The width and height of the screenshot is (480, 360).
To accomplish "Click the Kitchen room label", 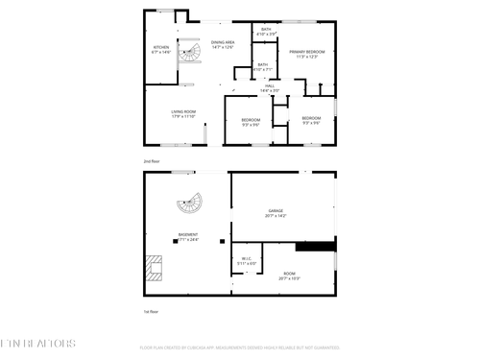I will click(160, 48).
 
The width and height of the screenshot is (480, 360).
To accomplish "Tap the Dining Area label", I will click(224, 43).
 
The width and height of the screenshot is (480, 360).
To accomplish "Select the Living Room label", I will click(184, 112).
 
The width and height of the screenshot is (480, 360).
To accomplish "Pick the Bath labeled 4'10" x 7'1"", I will click(262, 66).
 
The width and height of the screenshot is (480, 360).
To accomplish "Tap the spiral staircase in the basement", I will click(189, 204).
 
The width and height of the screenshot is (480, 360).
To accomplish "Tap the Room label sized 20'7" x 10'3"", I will click(289, 276).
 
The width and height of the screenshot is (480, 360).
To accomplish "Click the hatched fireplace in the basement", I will click(154, 265).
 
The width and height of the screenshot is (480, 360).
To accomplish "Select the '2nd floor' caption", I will click(151, 161).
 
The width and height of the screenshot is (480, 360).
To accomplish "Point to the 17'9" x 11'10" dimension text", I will click(184, 117).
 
